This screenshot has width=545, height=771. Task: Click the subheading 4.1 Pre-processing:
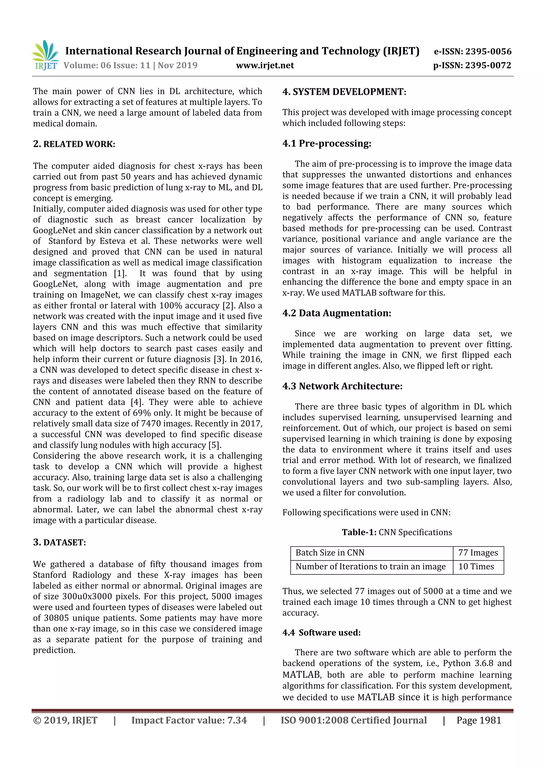327,143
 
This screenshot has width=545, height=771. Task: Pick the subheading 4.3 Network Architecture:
342,386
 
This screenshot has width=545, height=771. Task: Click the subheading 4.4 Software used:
321,633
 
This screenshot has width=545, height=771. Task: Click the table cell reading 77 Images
478,553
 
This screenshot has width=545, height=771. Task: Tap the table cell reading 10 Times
476,567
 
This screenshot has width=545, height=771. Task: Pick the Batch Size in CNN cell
330,553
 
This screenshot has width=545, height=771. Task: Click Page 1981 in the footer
478,720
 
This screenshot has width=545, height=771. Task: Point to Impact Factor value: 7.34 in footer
189,720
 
